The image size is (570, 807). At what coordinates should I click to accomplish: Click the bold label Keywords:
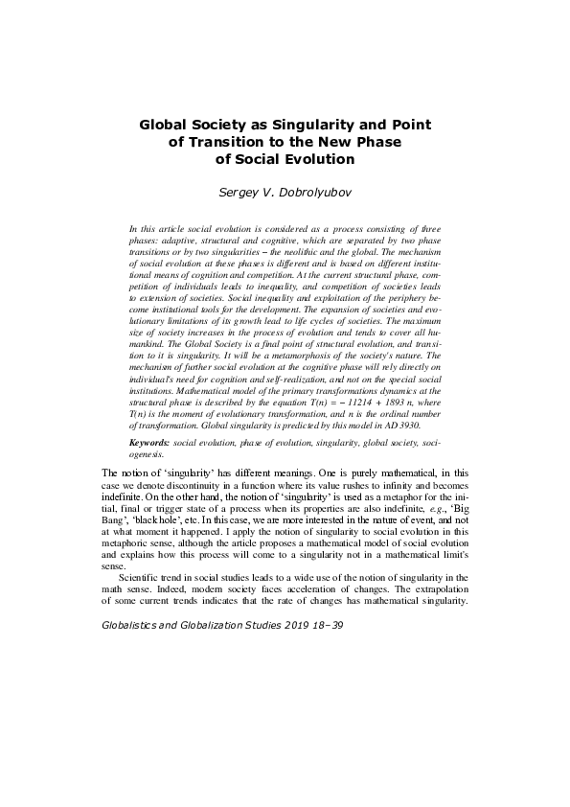tap(149, 445)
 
